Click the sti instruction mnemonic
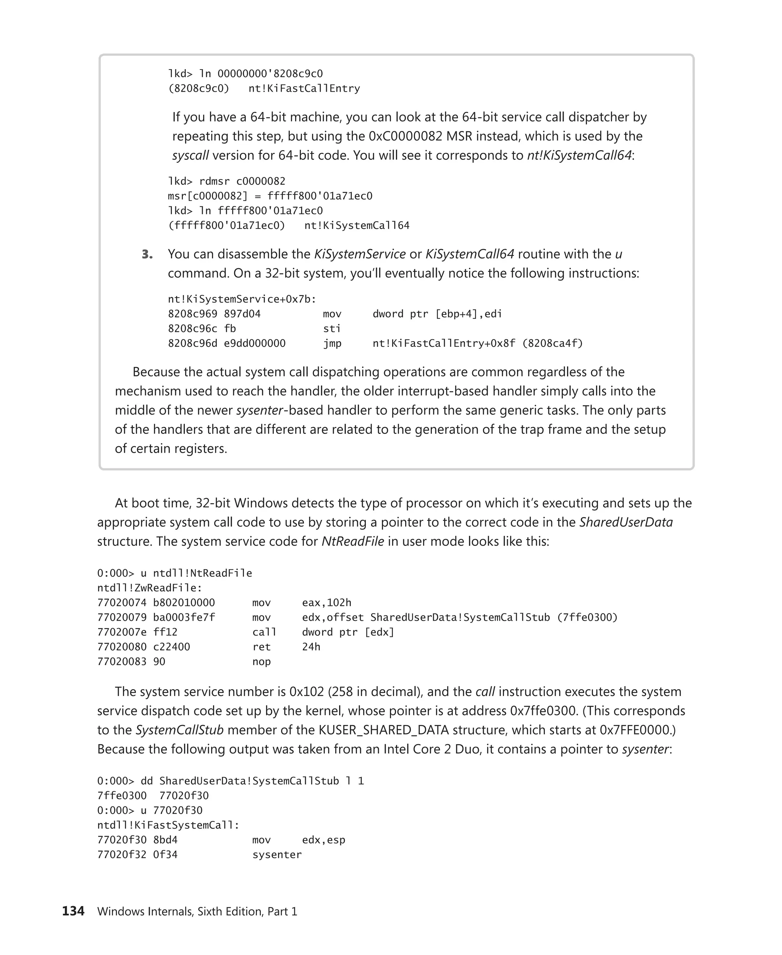tap(331, 329)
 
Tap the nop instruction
tap(261, 662)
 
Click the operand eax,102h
tap(326, 602)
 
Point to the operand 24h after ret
tap(311, 647)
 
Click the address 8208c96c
tap(192, 329)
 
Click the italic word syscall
tap(190, 155)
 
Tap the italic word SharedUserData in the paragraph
tap(626, 522)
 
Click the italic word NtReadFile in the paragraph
tap(353, 541)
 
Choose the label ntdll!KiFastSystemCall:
tap(168, 825)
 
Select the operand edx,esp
tap(323, 840)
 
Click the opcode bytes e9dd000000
tap(255, 343)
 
